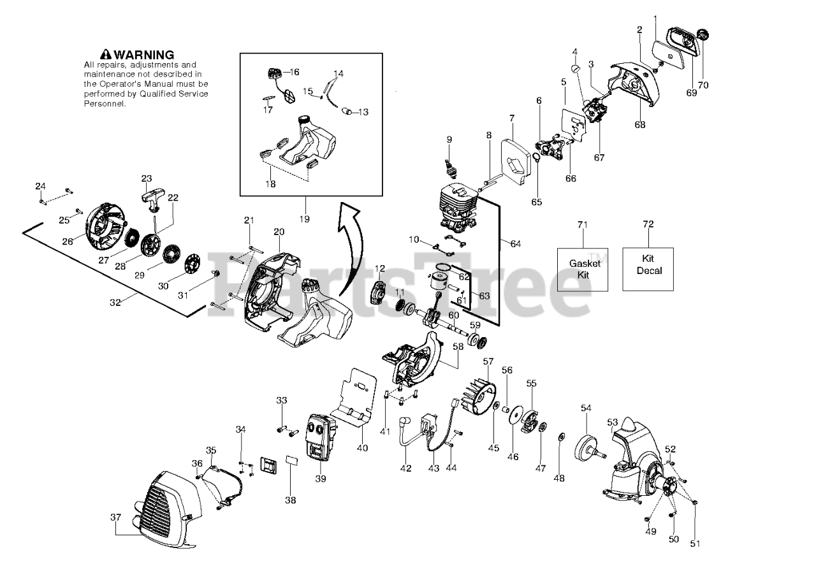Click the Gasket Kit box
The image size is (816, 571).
coord(582,269)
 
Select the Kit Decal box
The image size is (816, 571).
coord(648,268)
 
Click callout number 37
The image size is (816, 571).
coord(115,517)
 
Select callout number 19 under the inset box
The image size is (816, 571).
coord(303,219)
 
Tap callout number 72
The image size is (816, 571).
coord(648,224)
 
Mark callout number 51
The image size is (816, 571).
coord(695,544)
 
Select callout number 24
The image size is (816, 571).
coord(40,186)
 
